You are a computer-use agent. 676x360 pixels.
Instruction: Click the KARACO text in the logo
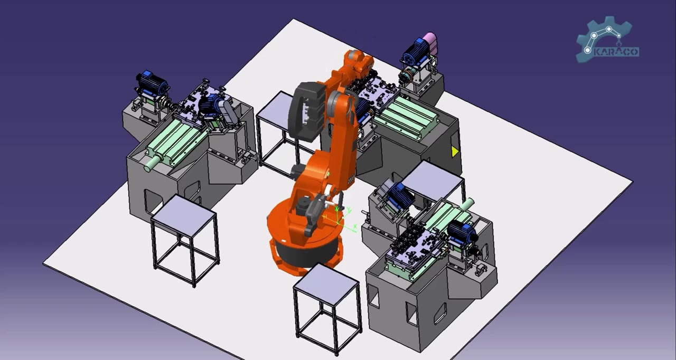tap(616, 52)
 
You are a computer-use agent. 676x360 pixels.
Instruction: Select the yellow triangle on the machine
tap(455, 151)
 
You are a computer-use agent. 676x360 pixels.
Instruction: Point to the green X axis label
tap(355, 226)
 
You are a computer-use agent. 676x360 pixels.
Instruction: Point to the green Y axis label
tap(349, 209)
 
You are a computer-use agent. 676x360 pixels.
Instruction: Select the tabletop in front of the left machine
tap(183, 213)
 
